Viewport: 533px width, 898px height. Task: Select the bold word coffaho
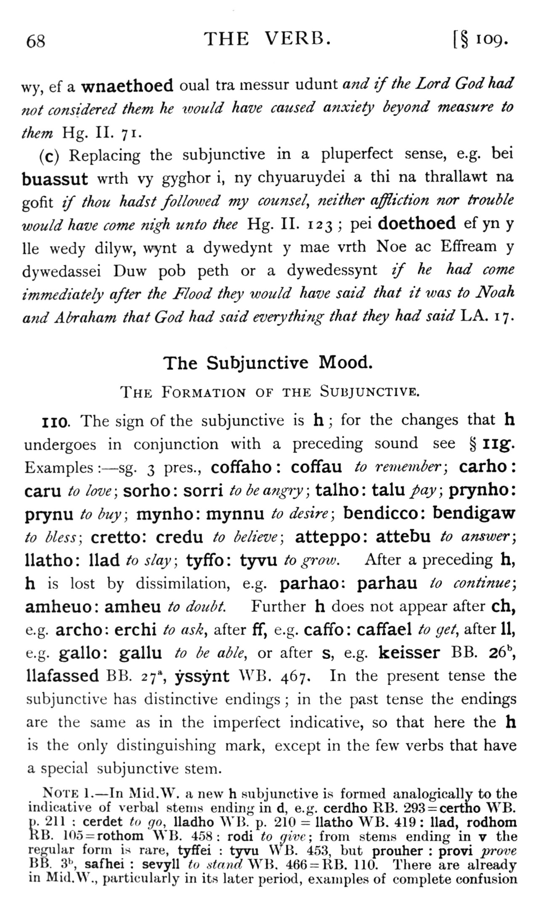(241, 467)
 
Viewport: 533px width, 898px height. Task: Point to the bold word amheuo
(62, 607)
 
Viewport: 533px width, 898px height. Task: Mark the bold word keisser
(409, 652)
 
